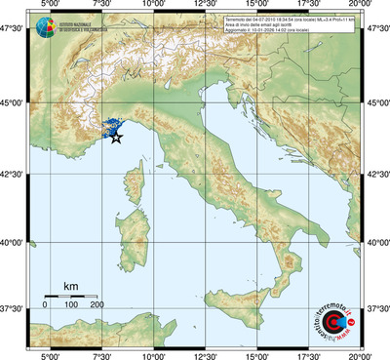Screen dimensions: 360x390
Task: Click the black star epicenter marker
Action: click(x=117, y=138)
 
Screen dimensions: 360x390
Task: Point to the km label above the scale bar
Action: click(x=70, y=285)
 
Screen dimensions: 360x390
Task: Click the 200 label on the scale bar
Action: click(x=97, y=305)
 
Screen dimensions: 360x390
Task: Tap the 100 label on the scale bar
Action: click(x=71, y=305)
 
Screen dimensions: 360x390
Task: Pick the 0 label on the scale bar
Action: click(x=45, y=305)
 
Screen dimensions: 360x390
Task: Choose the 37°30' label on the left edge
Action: click(x=14, y=308)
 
